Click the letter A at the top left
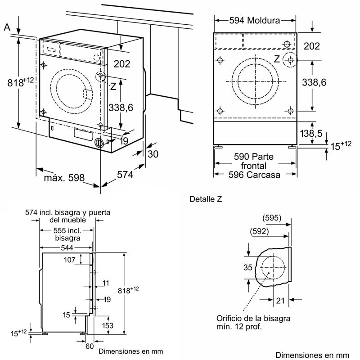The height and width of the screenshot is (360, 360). pos(7,27)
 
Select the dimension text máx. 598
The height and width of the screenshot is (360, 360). pos(64,178)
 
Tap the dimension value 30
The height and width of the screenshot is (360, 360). pos(153,154)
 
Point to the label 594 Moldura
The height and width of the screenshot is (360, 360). pos(254,20)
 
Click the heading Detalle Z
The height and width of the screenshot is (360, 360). pos(206,198)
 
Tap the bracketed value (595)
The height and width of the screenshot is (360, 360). pos(272,218)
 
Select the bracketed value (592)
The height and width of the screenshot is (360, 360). pos(259,232)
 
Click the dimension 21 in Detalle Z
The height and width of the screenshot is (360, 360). pos(279,301)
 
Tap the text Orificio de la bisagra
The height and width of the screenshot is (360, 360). pos(252,319)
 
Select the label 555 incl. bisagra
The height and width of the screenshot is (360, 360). pos(67,234)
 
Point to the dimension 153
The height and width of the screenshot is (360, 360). pos(107,325)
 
